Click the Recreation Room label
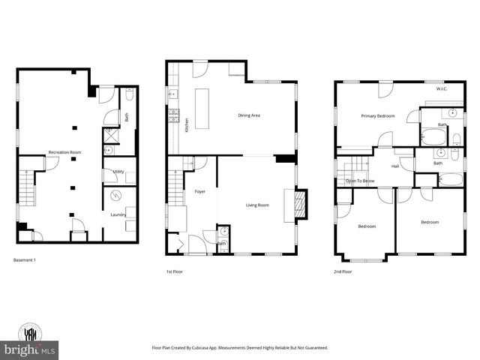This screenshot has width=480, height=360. click(64, 152)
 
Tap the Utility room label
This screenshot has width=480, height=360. click(118, 172)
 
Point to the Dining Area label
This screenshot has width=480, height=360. click(248, 115)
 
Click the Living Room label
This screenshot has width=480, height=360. click(256, 204)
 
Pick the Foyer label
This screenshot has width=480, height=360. click(200, 191)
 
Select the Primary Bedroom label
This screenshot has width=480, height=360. click(377, 115)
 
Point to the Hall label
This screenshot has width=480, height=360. click(394, 166)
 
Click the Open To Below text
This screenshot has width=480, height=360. click(361, 181)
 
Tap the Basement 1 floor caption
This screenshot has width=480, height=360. click(25, 259)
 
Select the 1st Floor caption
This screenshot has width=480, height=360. click(175, 271)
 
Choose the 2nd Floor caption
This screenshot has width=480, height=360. click(342, 271)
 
